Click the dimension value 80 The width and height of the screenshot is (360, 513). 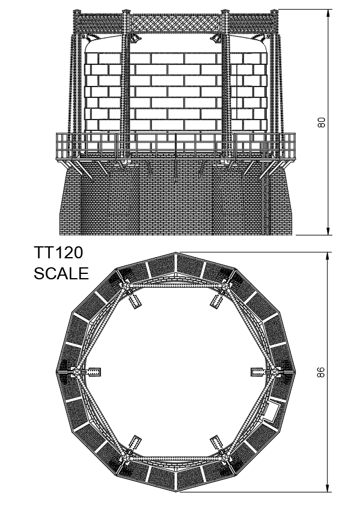(x=322, y=123)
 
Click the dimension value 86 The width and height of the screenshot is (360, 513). (x=322, y=372)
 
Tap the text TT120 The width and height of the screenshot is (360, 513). (x=59, y=253)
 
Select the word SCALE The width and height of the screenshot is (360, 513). (x=61, y=273)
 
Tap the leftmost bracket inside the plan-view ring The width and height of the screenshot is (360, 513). (x=93, y=372)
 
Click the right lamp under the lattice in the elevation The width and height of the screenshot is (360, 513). (x=215, y=38)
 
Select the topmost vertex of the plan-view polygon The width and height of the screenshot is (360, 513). (x=176, y=253)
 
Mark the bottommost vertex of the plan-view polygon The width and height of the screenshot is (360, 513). (x=176, y=491)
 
